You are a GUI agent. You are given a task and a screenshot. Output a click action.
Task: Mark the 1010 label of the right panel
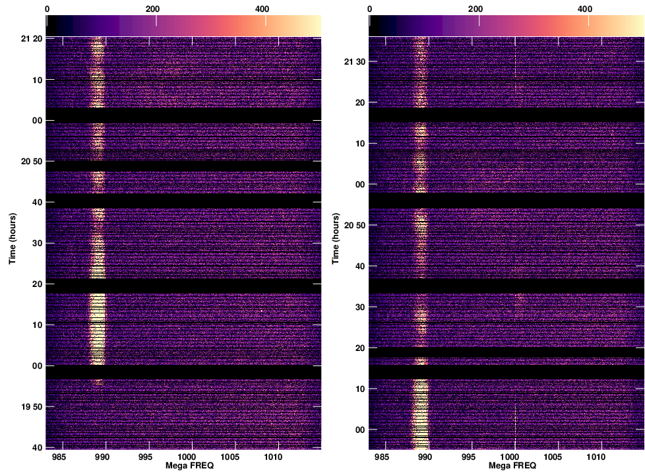[x=597, y=456]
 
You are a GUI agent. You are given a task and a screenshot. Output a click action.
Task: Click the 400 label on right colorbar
[x=584, y=9]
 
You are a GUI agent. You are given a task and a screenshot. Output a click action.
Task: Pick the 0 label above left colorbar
[x=47, y=9]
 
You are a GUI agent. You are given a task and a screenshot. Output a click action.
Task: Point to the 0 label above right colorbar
[x=369, y=9]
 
